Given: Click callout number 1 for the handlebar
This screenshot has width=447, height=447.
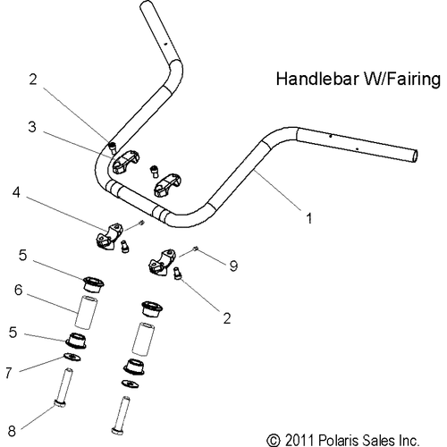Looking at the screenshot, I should (308, 216).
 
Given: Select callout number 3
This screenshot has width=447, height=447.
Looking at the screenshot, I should (33, 128).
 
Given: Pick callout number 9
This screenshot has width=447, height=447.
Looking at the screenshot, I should (234, 265).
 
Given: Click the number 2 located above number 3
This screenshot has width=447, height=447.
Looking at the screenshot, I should (33, 80).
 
